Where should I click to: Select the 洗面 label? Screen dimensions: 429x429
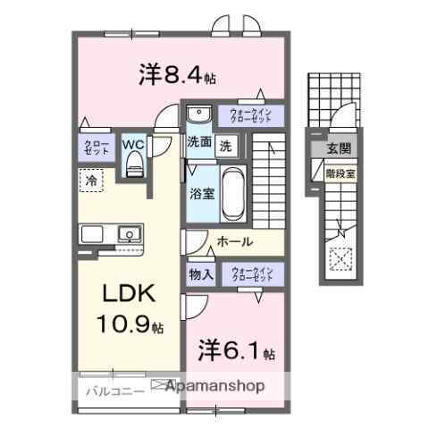click(x=199, y=142)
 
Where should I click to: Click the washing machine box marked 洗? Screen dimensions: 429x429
click(x=226, y=143)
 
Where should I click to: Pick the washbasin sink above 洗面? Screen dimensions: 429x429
click(x=198, y=114)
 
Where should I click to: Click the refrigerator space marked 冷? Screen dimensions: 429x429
click(x=92, y=181)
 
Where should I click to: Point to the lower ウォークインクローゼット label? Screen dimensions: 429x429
click(x=251, y=274)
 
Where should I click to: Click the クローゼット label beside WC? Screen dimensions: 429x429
click(x=97, y=147)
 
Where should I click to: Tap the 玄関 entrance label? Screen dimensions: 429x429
click(x=339, y=148)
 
